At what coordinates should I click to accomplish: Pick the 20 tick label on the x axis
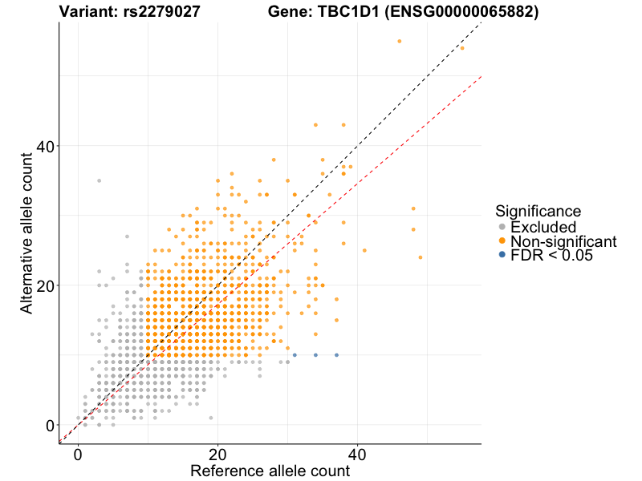pos(217,453)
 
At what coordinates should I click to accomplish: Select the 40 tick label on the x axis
pos(357,453)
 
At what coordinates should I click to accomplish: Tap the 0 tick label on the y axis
pos(50,425)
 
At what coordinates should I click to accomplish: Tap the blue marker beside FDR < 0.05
pos(502,256)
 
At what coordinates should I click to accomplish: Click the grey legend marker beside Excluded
pos(502,227)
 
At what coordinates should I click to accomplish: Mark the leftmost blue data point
pos(295,355)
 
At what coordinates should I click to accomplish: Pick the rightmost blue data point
pos(336,355)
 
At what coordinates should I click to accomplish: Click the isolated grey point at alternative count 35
pos(100,180)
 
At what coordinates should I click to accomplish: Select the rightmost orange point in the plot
pos(462,48)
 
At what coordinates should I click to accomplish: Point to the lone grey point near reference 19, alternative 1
pos(211,418)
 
